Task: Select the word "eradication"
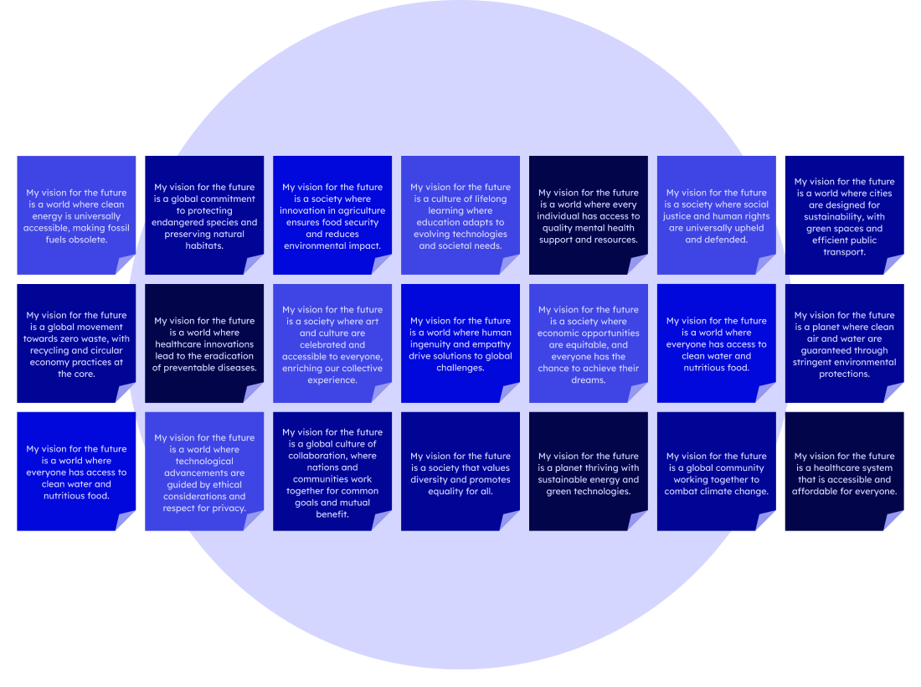231,356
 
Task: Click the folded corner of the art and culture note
382,394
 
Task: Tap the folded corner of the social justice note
766,265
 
